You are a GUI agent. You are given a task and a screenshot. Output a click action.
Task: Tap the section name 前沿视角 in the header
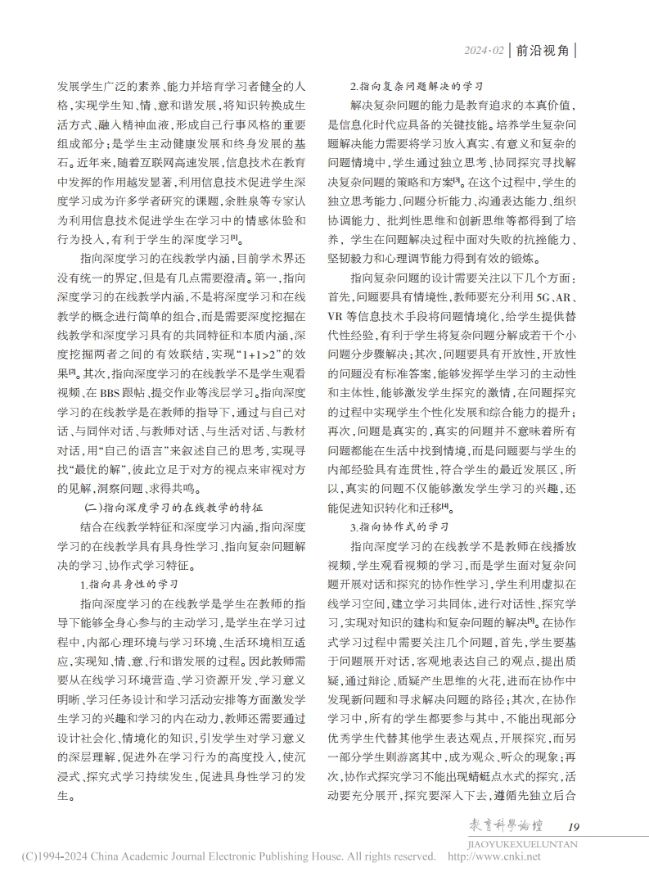point(543,51)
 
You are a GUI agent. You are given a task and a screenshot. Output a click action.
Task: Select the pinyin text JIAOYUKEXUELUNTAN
point(522,843)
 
